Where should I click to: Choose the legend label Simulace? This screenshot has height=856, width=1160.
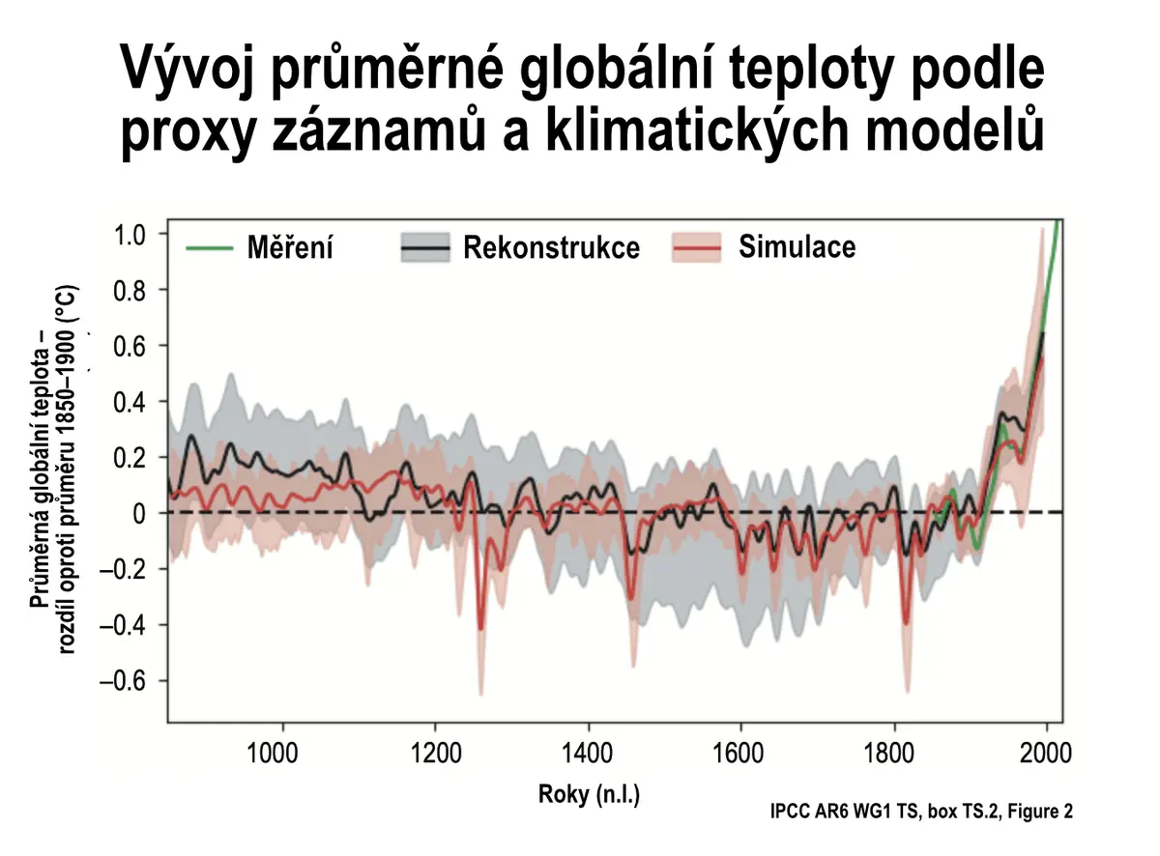(797, 245)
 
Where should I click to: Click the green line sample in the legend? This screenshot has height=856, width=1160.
(210, 248)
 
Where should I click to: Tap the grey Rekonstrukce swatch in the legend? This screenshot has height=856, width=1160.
(425, 247)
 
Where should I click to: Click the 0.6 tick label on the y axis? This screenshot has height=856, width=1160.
(130, 347)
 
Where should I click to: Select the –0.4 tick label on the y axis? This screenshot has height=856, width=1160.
(123, 625)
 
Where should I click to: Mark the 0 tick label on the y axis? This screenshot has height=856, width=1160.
(139, 514)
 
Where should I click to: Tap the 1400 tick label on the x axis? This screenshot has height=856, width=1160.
(587, 754)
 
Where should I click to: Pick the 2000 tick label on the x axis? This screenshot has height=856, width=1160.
(1046, 754)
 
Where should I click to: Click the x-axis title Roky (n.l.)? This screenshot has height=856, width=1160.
(589, 794)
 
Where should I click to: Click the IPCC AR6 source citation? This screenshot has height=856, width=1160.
(921, 811)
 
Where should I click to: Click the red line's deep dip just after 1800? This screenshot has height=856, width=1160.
(907, 623)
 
